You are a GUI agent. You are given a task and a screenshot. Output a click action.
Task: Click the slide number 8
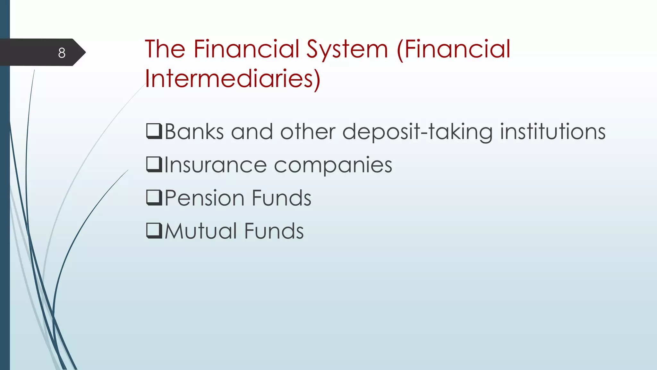coord(62,53)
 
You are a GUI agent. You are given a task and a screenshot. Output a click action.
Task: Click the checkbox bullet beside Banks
coord(154,131)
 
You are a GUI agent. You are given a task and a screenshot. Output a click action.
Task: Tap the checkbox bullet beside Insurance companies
coord(154,164)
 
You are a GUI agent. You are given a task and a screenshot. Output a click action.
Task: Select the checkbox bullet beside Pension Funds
coord(154,197)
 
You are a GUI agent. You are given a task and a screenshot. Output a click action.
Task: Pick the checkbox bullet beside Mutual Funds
coord(154,230)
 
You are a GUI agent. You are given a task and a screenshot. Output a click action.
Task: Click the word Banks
coord(194,132)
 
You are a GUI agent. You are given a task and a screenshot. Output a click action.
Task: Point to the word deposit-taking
coord(417,132)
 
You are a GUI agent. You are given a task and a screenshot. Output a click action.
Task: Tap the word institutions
coord(552,132)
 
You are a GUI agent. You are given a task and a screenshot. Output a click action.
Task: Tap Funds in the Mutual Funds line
coord(274,231)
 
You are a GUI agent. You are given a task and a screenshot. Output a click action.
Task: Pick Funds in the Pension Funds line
coord(281,198)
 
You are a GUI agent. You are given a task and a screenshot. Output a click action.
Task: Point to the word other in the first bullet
coord(308,132)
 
